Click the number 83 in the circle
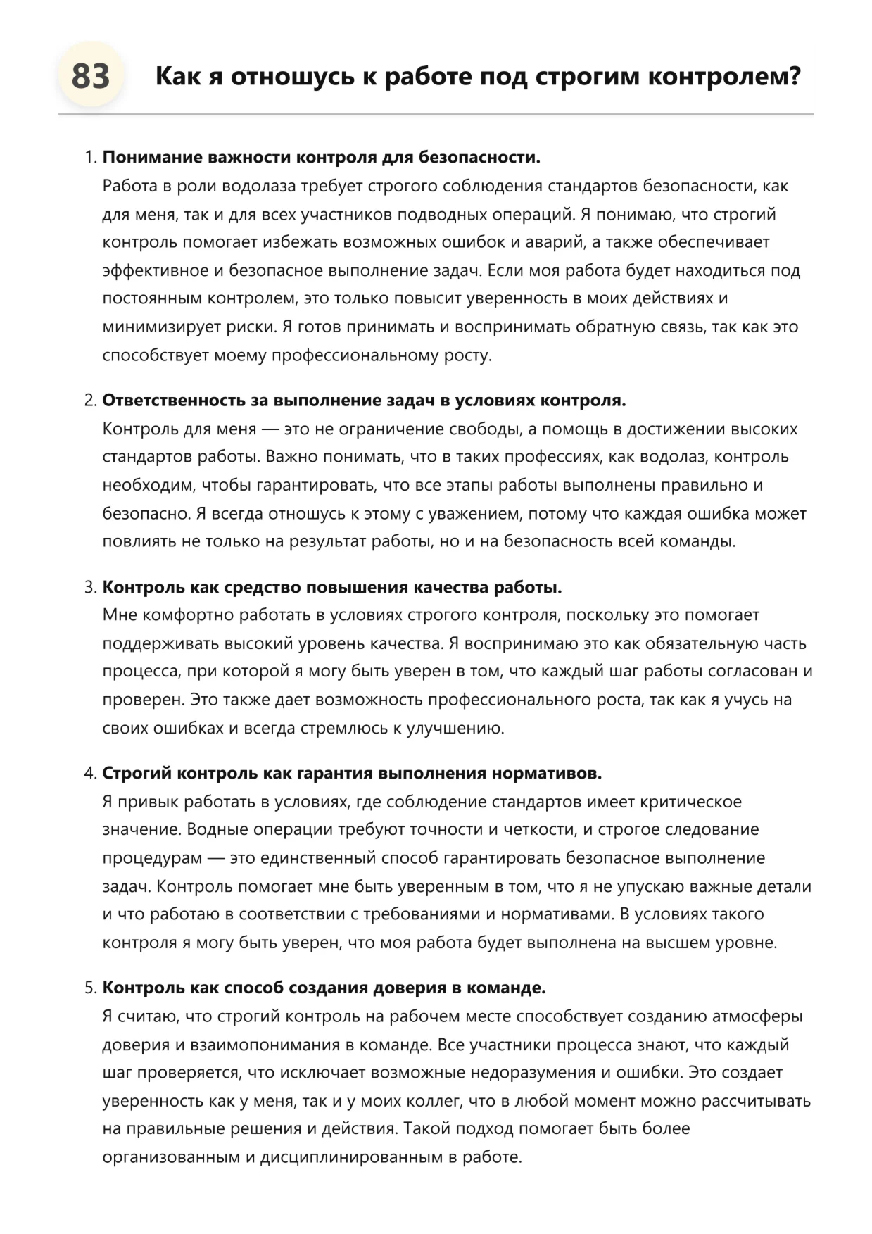coord(91,76)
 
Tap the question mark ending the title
coord(795,76)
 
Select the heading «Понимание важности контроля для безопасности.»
coord(321,157)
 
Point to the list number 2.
coord(89,401)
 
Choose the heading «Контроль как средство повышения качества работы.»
coord(332,587)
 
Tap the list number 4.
coord(89,773)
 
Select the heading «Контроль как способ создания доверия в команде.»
coord(324,988)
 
